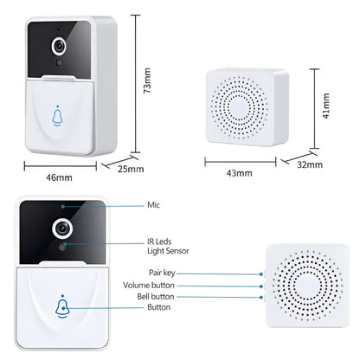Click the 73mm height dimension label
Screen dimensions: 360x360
(x=147, y=80)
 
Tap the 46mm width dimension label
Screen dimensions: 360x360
(x=59, y=177)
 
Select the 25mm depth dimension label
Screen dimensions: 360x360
(x=131, y=169)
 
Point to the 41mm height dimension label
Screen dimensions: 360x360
(x=326, y=106)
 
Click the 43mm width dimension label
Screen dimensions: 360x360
(x=240, y=173)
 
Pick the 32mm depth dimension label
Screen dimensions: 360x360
(x=310, y=164)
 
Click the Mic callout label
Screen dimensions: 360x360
(x=153, y=205)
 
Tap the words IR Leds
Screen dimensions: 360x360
(x=159, y=241)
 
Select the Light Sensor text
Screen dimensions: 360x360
(x=168, y=251)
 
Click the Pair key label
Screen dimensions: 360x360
(x=162, y=273)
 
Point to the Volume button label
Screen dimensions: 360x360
(x=149, y=286)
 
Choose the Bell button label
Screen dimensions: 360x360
(x=156, y=297)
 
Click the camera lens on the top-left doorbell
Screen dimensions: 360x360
(x=60, y=46)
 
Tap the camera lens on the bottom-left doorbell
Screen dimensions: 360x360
(x=62, y=228)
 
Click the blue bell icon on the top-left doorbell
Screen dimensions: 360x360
(x=57, y=116)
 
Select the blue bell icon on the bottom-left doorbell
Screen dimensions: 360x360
(x=63, y=307)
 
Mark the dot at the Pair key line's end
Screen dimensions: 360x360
(x=261, y=274)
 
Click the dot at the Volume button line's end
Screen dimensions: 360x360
(x=261, y=286)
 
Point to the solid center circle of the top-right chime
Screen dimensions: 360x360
(x=239, y=108)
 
